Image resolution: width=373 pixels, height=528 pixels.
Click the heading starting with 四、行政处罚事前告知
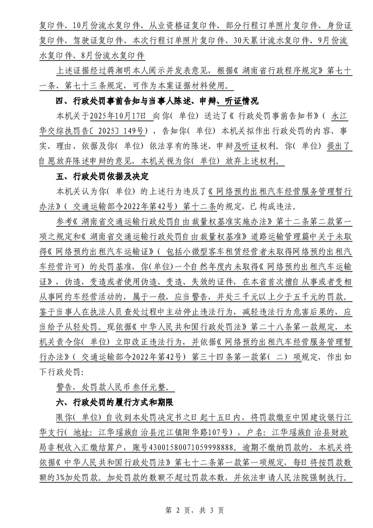coord(157,101)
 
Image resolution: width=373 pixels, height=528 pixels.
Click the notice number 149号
coord(136,129)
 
